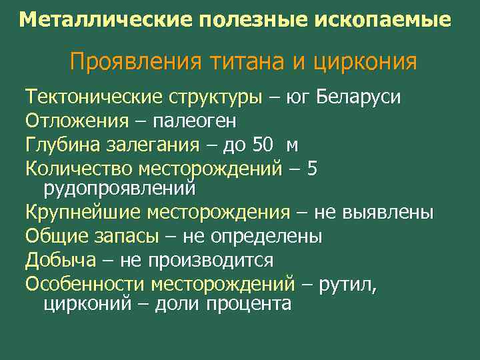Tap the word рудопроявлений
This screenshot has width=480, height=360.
pos(119,188)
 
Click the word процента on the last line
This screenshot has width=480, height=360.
pos(249,304)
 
